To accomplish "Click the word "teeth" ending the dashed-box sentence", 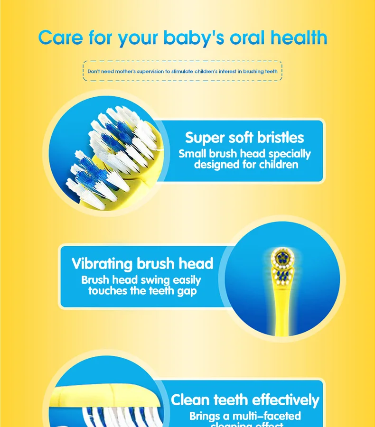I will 272,72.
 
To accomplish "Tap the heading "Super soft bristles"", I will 244,138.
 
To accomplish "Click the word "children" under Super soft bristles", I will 279,165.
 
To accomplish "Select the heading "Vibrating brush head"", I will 142,263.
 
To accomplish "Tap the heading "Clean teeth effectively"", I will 245,400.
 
